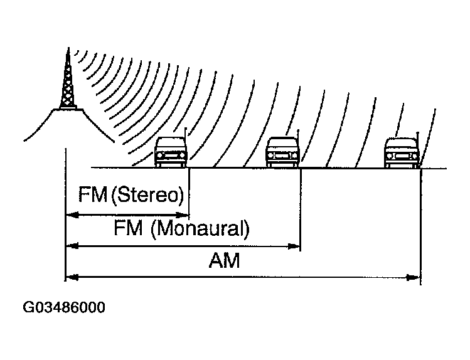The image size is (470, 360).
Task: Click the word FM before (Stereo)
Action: pyautogui.click(x=92, y=194)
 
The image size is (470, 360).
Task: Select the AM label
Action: pyautogui.click(x=224, y=260)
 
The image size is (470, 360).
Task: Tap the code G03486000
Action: pyautogui.click(x=64, y=308)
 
